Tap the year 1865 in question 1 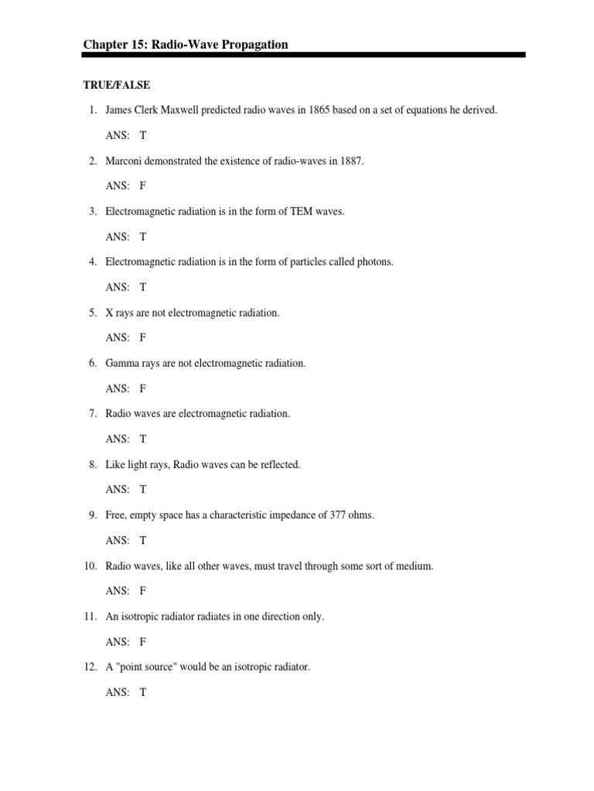319,110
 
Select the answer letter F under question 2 143,185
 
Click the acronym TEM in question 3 302,212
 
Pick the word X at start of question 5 110,313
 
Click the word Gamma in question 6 121,363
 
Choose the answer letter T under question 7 143,439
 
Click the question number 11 90,616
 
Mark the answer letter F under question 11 143,642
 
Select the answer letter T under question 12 143,692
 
